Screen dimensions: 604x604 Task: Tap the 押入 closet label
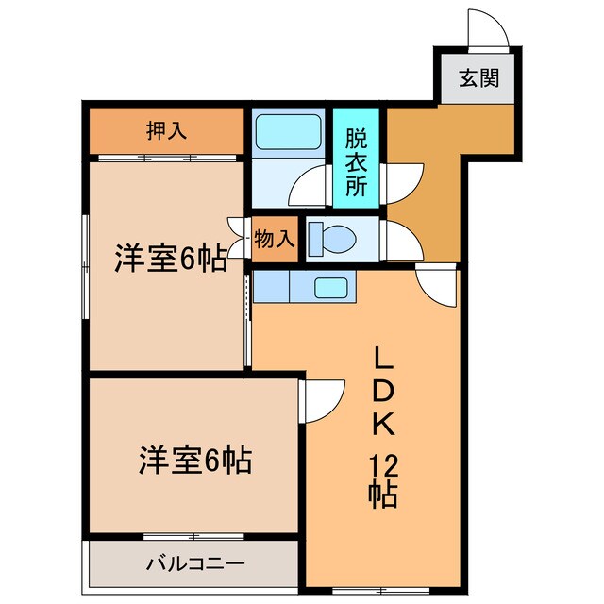coord(166,130)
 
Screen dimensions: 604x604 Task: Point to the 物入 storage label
coord(275,240)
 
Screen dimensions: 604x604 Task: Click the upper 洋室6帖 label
coord(171,259)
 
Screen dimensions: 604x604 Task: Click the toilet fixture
coord(330,238)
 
